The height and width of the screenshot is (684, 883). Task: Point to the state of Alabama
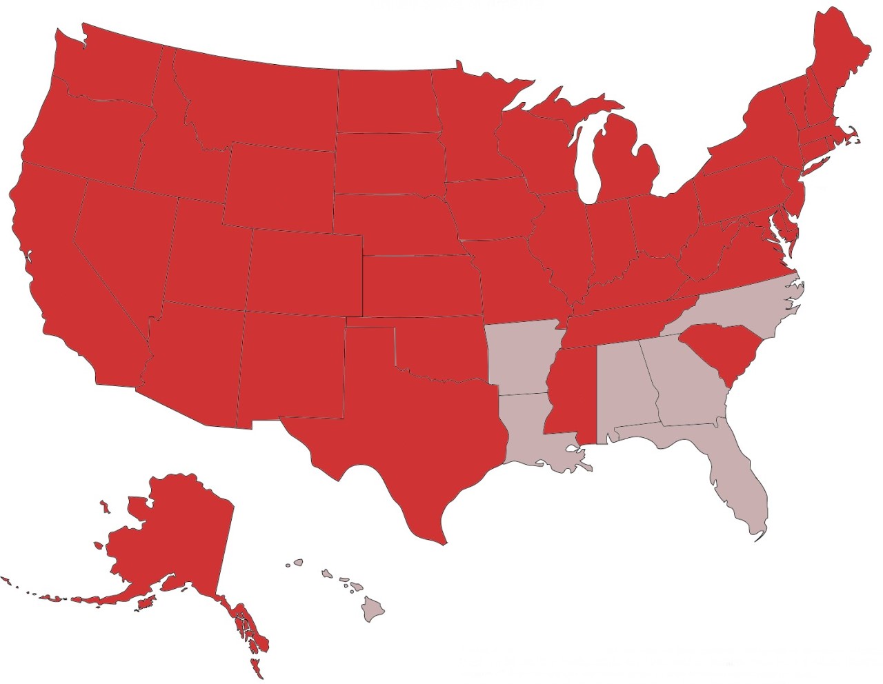coord(621,386)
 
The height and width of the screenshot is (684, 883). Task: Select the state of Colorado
coord(304,272)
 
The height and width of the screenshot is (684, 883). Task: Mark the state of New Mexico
coord(293,365)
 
